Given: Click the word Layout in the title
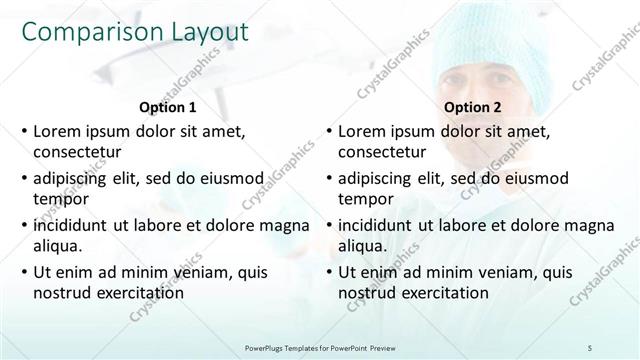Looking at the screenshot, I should [x=205, y=32].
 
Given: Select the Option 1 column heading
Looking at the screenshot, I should [x=166, y=108].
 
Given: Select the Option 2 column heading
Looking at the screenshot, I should [x=471, y=108].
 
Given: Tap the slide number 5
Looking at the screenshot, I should [x=591, y=346].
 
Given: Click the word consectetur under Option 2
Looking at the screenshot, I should [x=382, y=152].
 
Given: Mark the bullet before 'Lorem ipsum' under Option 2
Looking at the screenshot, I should [x=328, y=132].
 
